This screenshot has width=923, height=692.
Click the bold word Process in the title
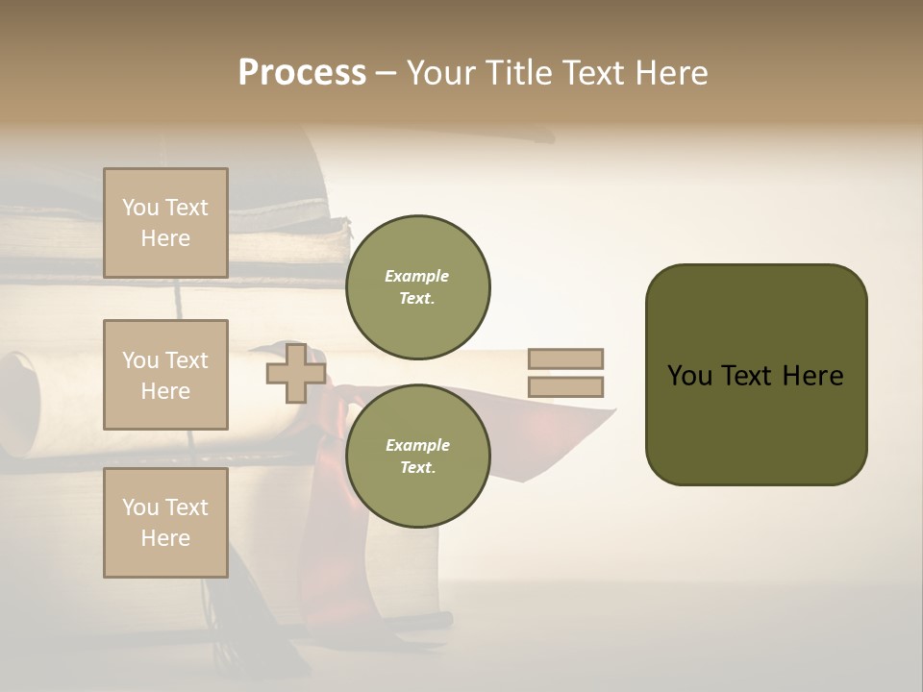(302, 73)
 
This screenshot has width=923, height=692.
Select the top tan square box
(165, 223)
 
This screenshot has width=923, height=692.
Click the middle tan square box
(165, 375)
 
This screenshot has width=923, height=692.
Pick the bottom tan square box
(165, 523)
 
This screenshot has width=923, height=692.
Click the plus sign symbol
(295, 373)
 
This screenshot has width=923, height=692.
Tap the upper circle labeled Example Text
(417, 287)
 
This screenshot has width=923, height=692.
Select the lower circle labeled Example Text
(417, 457)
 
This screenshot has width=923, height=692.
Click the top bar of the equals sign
(565, 358)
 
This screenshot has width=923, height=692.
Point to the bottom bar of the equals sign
(565, 386)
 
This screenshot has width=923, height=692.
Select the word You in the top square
(140, 208)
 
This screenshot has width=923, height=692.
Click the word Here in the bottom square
(165, 538)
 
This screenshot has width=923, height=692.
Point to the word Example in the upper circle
(417, 276)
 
